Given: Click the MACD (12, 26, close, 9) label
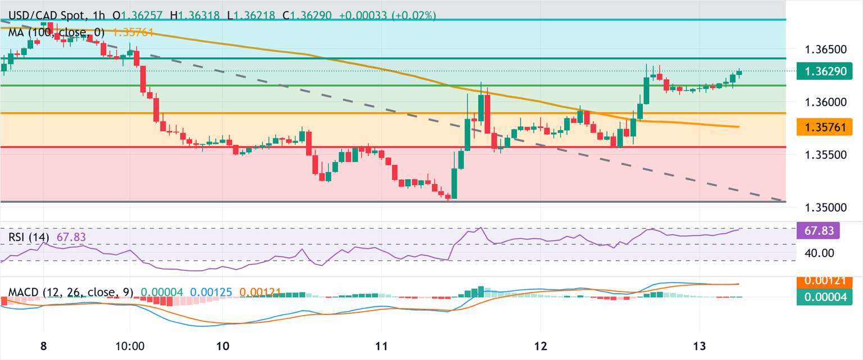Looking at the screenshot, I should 71,293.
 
